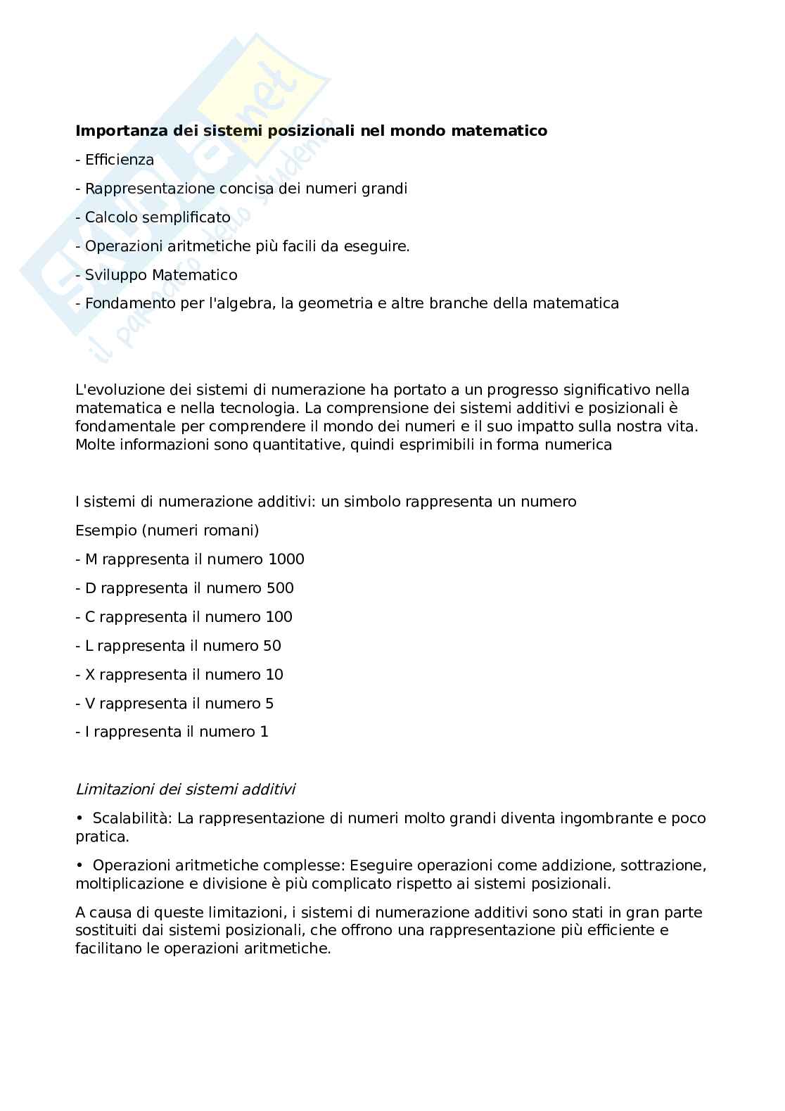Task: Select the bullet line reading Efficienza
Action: [x=115, y=160]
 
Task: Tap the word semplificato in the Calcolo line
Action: [x=186, y=217]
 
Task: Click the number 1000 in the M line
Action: [x=286, y=559]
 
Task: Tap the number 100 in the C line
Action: [x=279, y=617]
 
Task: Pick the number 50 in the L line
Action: [x=272, y=646]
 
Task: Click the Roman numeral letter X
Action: [x=90, y=675]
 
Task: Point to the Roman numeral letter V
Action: [x=90, y=704]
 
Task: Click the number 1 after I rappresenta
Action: [x=264, y=732]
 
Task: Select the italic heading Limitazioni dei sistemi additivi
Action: [x=185, y=789]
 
